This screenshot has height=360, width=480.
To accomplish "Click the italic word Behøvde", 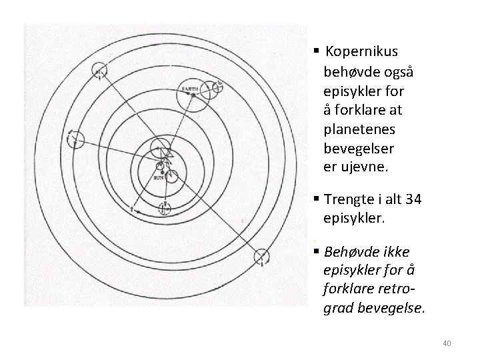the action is click(349, 252).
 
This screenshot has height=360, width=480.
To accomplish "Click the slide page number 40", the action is click(447, 343).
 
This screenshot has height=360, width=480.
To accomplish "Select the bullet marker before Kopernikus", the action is click(314, 51).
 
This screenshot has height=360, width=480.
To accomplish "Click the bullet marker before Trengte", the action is click(314, 201).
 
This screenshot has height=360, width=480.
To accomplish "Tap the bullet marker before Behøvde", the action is click(314, 252).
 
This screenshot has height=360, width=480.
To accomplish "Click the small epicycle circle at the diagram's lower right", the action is click(262, 256).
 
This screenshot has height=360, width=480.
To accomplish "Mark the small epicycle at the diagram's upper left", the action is click(100, 70).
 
